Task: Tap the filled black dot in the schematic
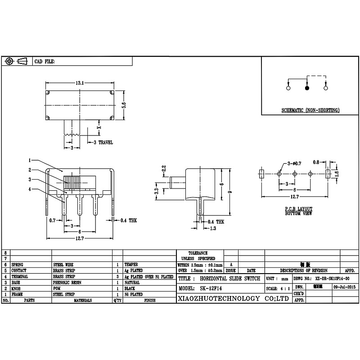pos(307,89)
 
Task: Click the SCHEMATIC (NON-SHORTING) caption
pos(310,110)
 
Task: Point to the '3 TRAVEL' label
pos(103,142)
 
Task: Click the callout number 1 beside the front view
pos(29,160)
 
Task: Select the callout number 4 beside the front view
pos(29,189)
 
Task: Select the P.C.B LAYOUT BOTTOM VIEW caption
pos(298,211)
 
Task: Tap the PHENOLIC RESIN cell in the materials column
pos(67,282)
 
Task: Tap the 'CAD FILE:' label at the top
pos(45,62)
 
